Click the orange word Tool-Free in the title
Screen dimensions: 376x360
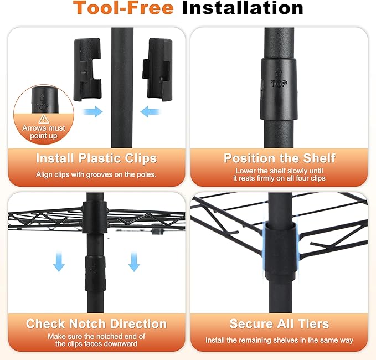(x=123, y=8)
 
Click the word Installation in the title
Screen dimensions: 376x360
(x=243, y=8)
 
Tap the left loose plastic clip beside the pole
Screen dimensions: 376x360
(x=87, y=69)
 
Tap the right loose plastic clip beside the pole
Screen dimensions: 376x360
(x=157, y=69)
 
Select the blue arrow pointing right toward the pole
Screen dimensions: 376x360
(x=92, y=111)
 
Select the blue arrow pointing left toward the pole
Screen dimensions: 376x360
(x=150, y=111)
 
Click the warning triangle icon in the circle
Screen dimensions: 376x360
(x=44, y=119)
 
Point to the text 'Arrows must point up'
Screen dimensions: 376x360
(x=44, y=132)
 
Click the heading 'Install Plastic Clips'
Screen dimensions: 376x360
(x=96, y=158)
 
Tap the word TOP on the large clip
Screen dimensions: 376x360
(x=279, y=84)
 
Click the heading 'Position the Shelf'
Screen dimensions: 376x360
(x=279, y=158)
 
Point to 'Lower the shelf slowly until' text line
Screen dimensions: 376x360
(x=279, y=171)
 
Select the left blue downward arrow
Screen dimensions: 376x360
(x=59, y=261)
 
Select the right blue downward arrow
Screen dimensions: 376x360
(x=134, y=261)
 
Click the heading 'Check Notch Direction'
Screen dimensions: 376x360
(x=96, y=324)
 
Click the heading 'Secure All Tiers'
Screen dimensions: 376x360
(x=279, y=324)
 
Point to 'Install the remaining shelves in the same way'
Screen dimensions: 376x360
(x=279, y=340)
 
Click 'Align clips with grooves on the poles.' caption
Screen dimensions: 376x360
(x=96, y=174)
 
